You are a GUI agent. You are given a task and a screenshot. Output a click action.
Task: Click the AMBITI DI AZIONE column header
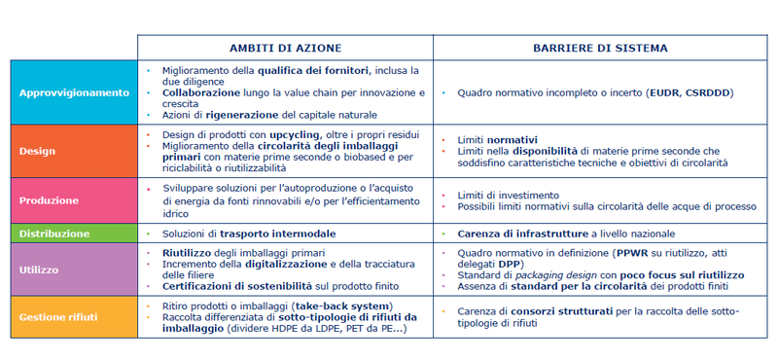pyautogui.click(x=285, y=47)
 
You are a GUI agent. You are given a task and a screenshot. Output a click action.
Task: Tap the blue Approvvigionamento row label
pyautogui.click(x=74, y=92)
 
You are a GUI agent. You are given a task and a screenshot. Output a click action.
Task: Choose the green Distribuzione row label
pyautogui.click(x=54, y=234)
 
